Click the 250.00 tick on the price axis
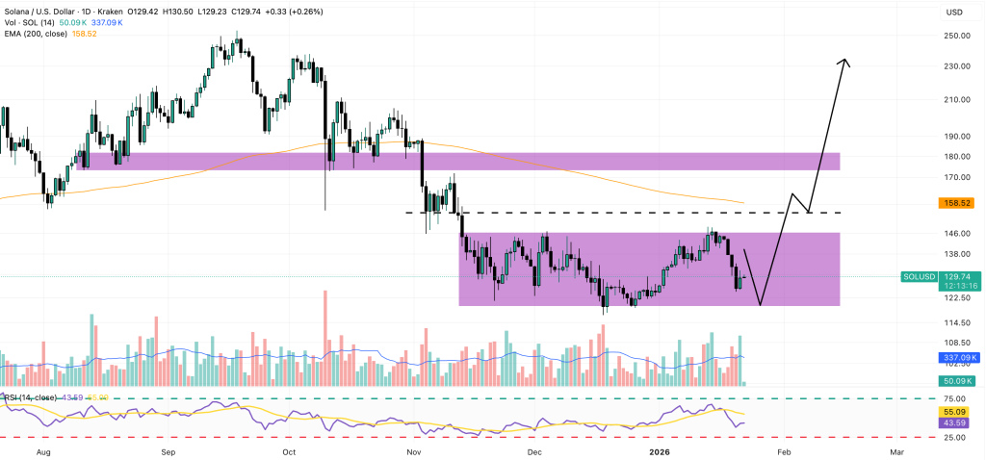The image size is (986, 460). pyautogui.click(x=956, y=36)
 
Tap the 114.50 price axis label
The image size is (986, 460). pyautogui.click(x=956, y=322)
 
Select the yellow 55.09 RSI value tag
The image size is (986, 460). pyautogui.click(x=956, y=411)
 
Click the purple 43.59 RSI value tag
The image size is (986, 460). pyautogui.click(x=956, y=423)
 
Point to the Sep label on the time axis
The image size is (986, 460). pyautogui.click(x=168, y=450)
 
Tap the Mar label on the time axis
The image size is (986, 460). pyautogui.click(x=896, y=450)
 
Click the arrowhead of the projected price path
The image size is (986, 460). pyautogui.click(x=844, y=63)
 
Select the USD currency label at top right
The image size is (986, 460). pyautogui.click(x=955, y=12)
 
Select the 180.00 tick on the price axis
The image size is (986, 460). pyautogui.click(x=956, y=156)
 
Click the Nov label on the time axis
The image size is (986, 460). pyautogui.click(x=414, y=450)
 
